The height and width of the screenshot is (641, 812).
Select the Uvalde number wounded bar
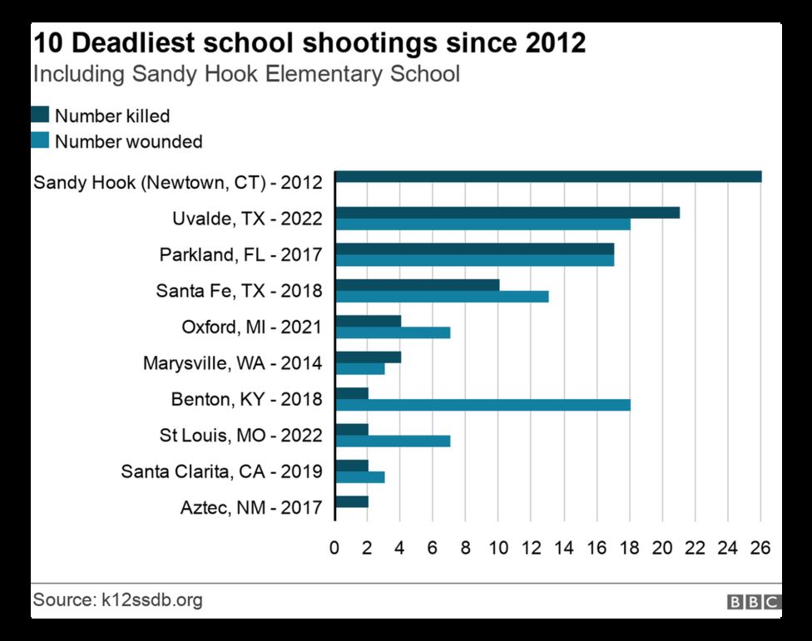483,224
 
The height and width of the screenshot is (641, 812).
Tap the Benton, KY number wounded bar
483,405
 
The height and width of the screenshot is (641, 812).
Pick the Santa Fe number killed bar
417,285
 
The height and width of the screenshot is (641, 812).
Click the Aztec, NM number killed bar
351,501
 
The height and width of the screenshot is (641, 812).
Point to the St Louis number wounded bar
393,441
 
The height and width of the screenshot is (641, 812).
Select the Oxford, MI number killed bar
368,321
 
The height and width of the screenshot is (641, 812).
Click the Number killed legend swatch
41,115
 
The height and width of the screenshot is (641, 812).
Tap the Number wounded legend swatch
41,141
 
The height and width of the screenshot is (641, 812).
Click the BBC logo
754,602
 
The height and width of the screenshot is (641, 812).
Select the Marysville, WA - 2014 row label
232,363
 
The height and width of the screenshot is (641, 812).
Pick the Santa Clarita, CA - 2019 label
221,471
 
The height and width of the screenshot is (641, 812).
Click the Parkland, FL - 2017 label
240,254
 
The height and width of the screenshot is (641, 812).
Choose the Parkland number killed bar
474,249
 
